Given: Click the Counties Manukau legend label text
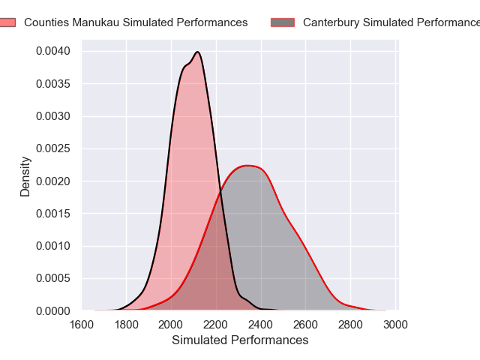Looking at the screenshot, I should (136, 22).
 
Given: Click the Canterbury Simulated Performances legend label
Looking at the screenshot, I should (391, 22).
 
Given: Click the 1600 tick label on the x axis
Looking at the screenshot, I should (82, 325).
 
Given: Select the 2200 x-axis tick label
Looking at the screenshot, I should (216, 325).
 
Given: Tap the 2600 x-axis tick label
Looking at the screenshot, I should (306, 325).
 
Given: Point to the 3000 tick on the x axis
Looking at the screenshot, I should (395, 325).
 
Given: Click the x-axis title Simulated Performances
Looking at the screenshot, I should (240, 340).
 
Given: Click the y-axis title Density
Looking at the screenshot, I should (25, 176).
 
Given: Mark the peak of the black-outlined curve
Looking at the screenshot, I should (197, 52).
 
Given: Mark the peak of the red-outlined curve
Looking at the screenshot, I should (250, 166).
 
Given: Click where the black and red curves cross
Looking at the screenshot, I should (220, 189).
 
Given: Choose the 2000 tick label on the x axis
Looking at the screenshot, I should (171, 325).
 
